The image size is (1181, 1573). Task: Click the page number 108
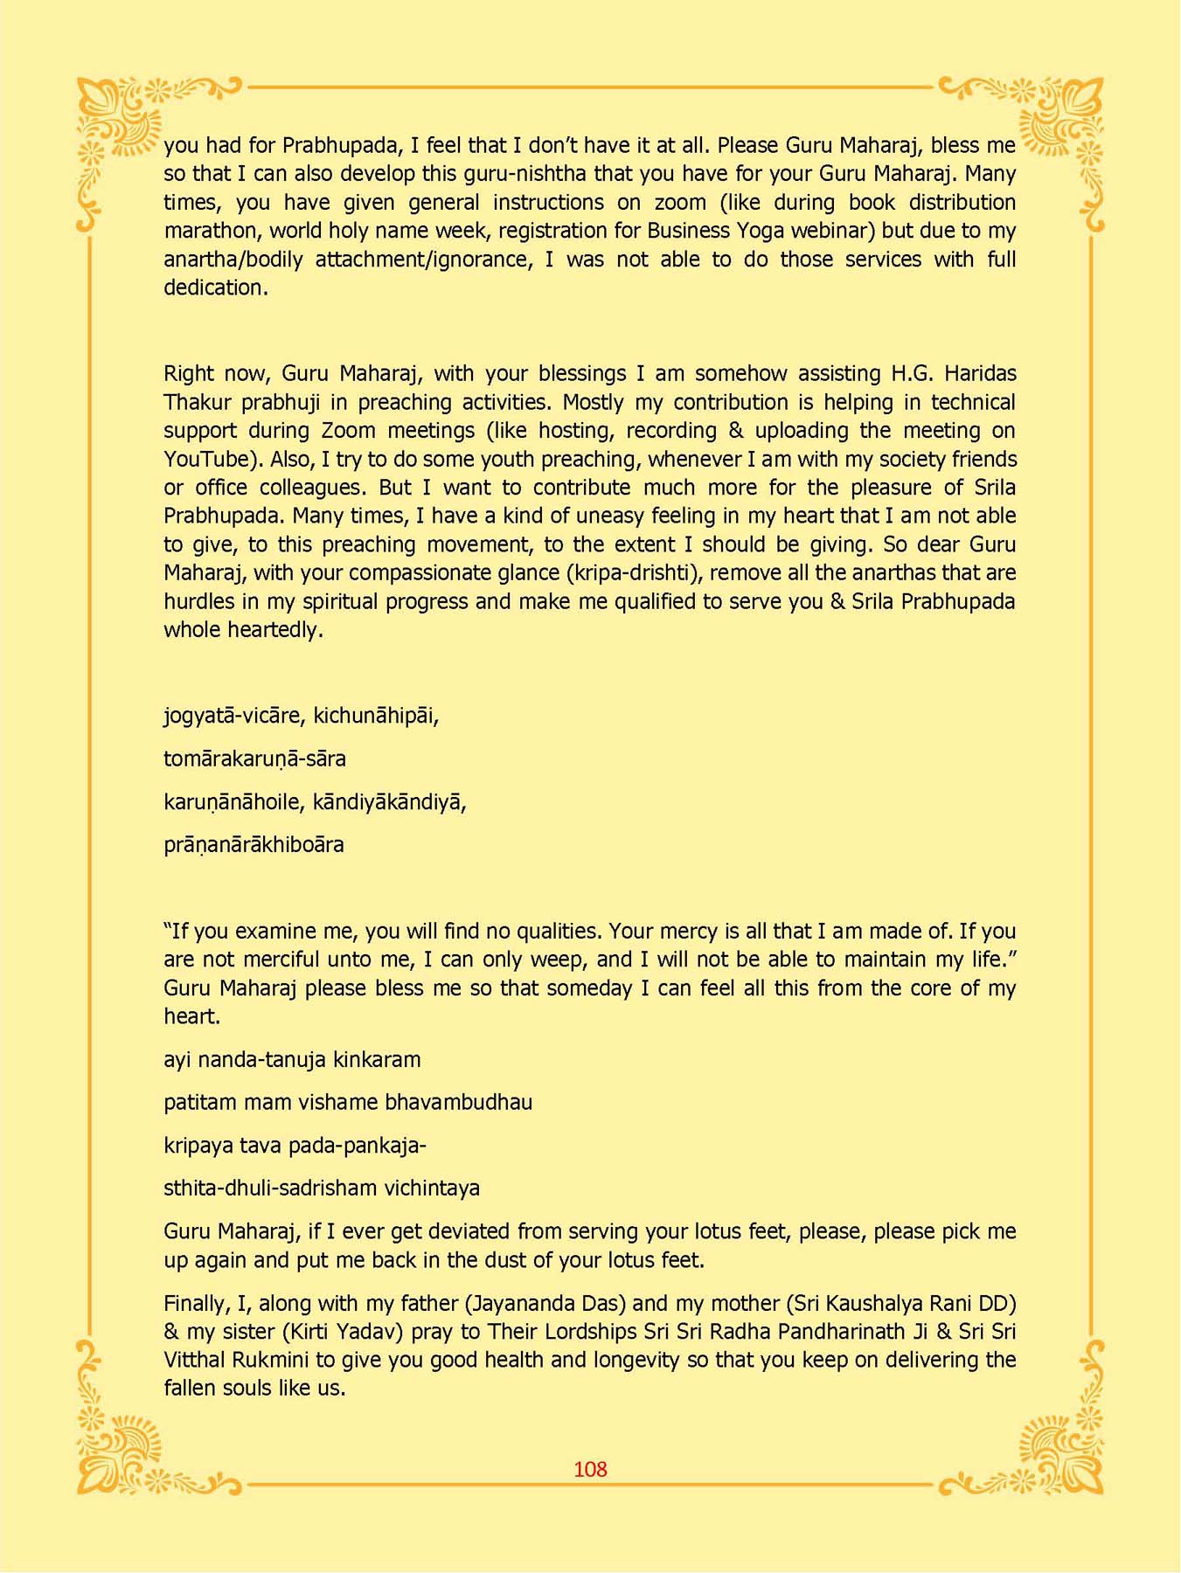point(590,1469)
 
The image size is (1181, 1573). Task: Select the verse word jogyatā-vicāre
point(233,716)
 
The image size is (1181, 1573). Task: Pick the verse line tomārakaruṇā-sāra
point(254,759)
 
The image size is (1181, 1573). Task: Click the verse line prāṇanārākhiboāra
point(254,845)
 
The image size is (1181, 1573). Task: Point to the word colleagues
point(311,487)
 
